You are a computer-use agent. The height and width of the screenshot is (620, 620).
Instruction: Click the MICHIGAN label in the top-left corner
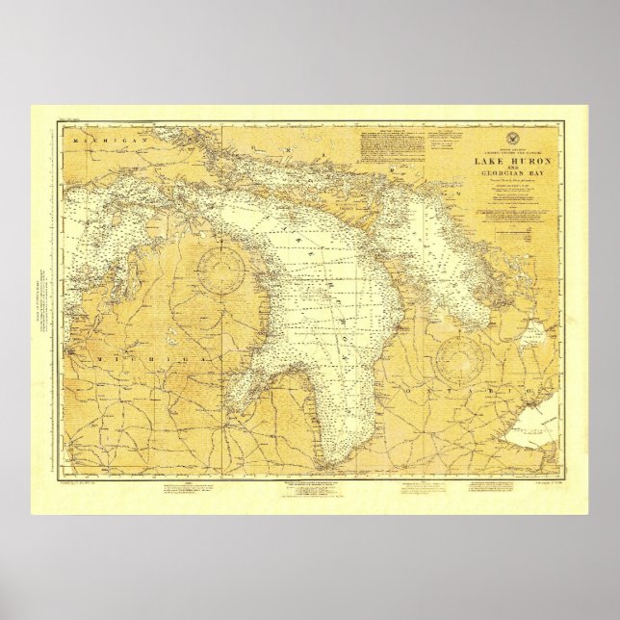(99, 141)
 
